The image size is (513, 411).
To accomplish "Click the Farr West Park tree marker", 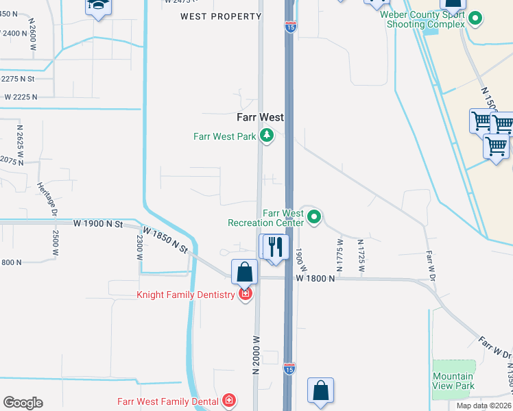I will (x=266, y=136).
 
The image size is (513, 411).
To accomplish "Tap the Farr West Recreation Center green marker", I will (x=314, y=218).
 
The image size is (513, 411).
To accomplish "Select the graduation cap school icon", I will (x=97, y=6).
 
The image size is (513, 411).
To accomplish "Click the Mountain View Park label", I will (x=453, y=381).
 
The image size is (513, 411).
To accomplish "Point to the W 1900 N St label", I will (x=97, y=224).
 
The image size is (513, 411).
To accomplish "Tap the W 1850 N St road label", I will (x=165, y=240).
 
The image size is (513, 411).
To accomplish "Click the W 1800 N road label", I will (x=315, y=278).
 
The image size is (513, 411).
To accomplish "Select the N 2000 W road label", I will (x=257, y=353).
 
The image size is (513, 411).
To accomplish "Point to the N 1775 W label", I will (x=340, y=255).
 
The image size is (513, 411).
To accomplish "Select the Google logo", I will (x=23, y=403).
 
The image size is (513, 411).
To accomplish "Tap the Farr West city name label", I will (x=261, y=117).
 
